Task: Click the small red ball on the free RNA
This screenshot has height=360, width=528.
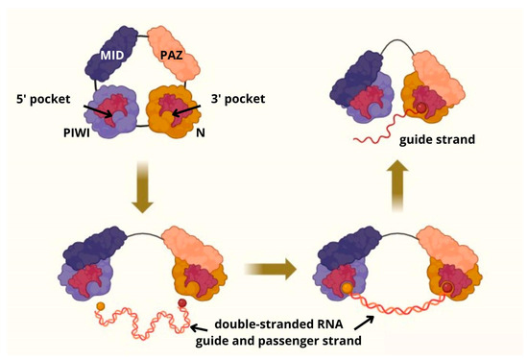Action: [182, 305]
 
